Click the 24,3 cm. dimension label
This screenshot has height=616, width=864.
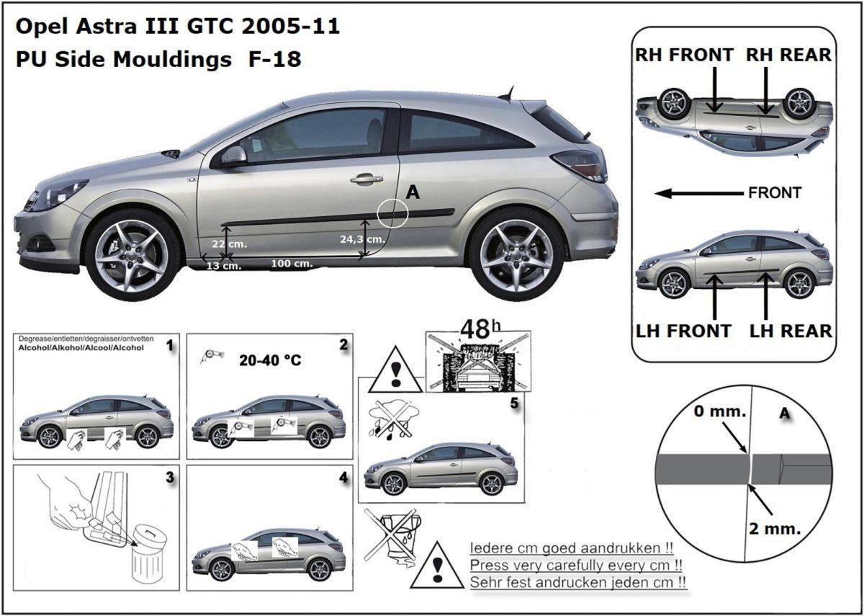click(x=363, y=238)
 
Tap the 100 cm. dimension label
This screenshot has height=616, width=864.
click(x=292, y=264)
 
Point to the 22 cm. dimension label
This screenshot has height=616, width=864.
click(x=228, y=244)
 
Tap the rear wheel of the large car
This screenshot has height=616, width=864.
click(x=516, y=254)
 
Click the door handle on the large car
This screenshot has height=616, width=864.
click(x=366, y=178)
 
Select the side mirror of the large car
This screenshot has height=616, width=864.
click(x=233, y=156)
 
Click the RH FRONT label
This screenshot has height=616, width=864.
click(x=683, y=55)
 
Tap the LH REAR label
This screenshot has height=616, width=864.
click(x=791, y=331)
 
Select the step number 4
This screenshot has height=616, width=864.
click(x=343, y=478)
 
